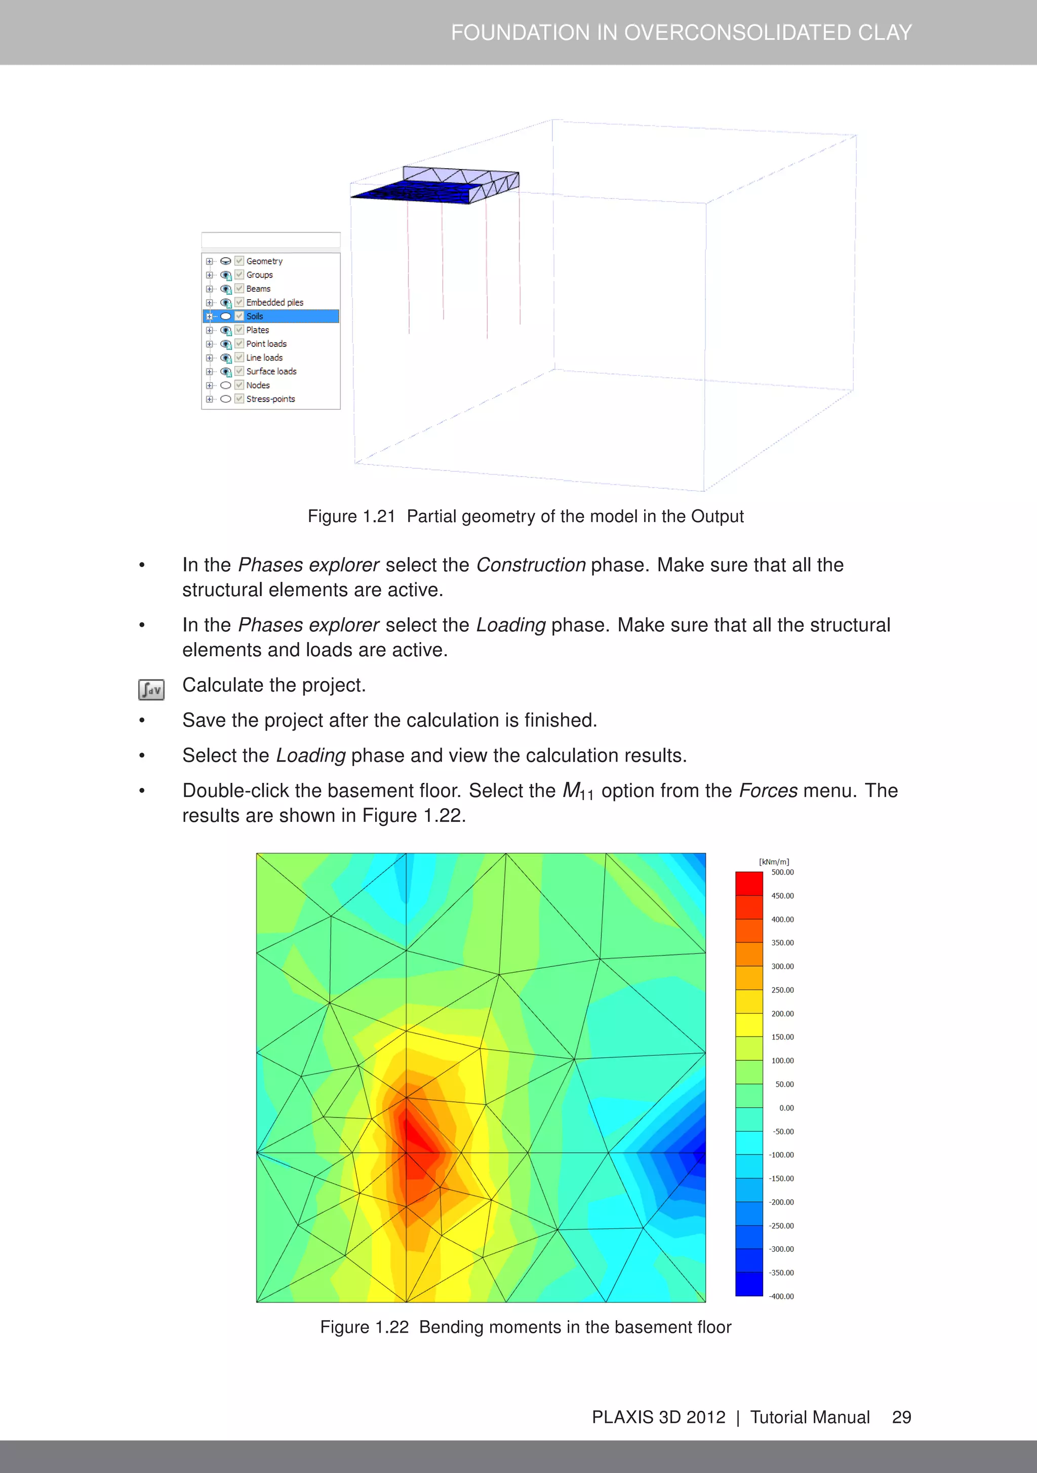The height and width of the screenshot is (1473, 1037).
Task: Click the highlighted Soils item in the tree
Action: (255, 316)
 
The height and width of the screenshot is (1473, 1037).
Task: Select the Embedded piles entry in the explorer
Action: (274, 302)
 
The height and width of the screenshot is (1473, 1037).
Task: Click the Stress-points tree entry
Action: (270, 399)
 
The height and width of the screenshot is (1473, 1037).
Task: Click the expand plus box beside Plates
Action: (209, 330)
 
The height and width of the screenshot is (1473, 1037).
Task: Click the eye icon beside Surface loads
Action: (226, 372)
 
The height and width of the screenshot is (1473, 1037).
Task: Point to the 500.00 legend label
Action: (782, 872)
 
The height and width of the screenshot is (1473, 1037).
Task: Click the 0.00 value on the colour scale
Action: (786, 1108)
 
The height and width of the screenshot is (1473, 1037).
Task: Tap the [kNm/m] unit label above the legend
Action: (774, 862)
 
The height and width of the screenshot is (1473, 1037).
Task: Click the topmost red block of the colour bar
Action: (749, 883)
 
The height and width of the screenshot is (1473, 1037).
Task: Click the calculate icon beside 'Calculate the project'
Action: (151, 690)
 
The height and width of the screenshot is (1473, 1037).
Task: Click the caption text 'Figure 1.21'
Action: (351, 516)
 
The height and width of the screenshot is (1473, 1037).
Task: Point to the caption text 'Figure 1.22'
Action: (364, 1327)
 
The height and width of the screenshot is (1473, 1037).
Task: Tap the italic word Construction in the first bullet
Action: (530, 565)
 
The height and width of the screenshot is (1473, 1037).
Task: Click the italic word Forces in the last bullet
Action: (768, 790)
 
